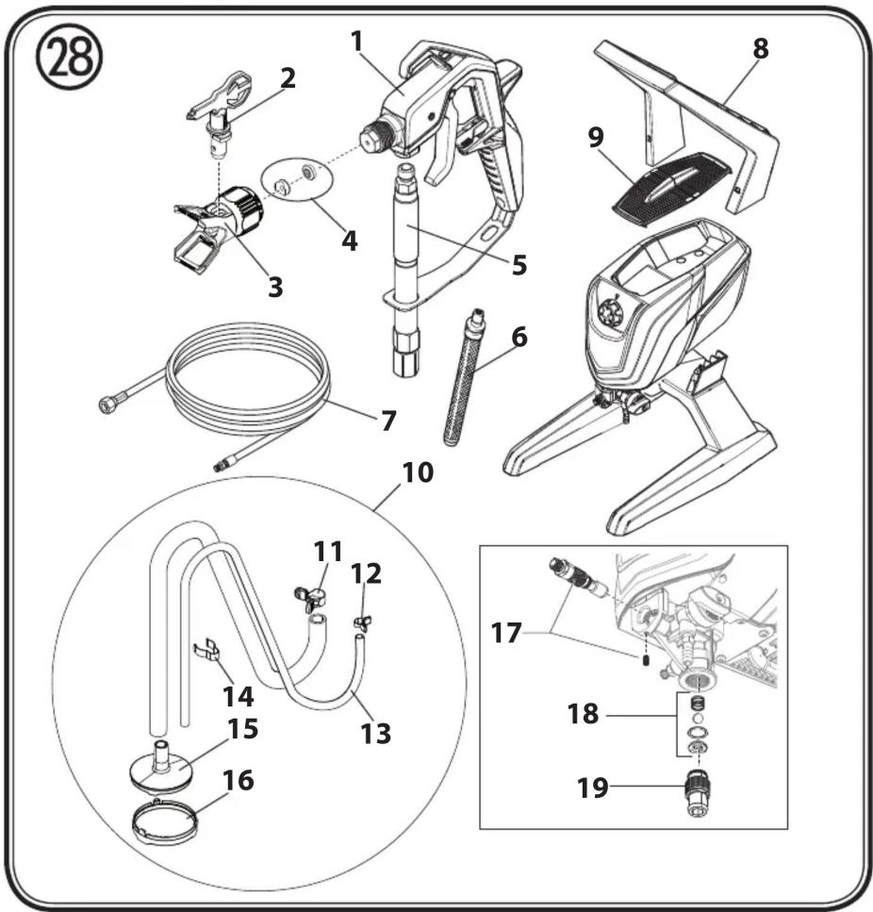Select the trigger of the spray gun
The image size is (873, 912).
[x=438, y=160]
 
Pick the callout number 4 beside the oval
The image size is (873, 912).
[x=349, y=240]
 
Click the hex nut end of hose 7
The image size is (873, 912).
[x=106, y=406]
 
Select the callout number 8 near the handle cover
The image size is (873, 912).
[x=759, y=48]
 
